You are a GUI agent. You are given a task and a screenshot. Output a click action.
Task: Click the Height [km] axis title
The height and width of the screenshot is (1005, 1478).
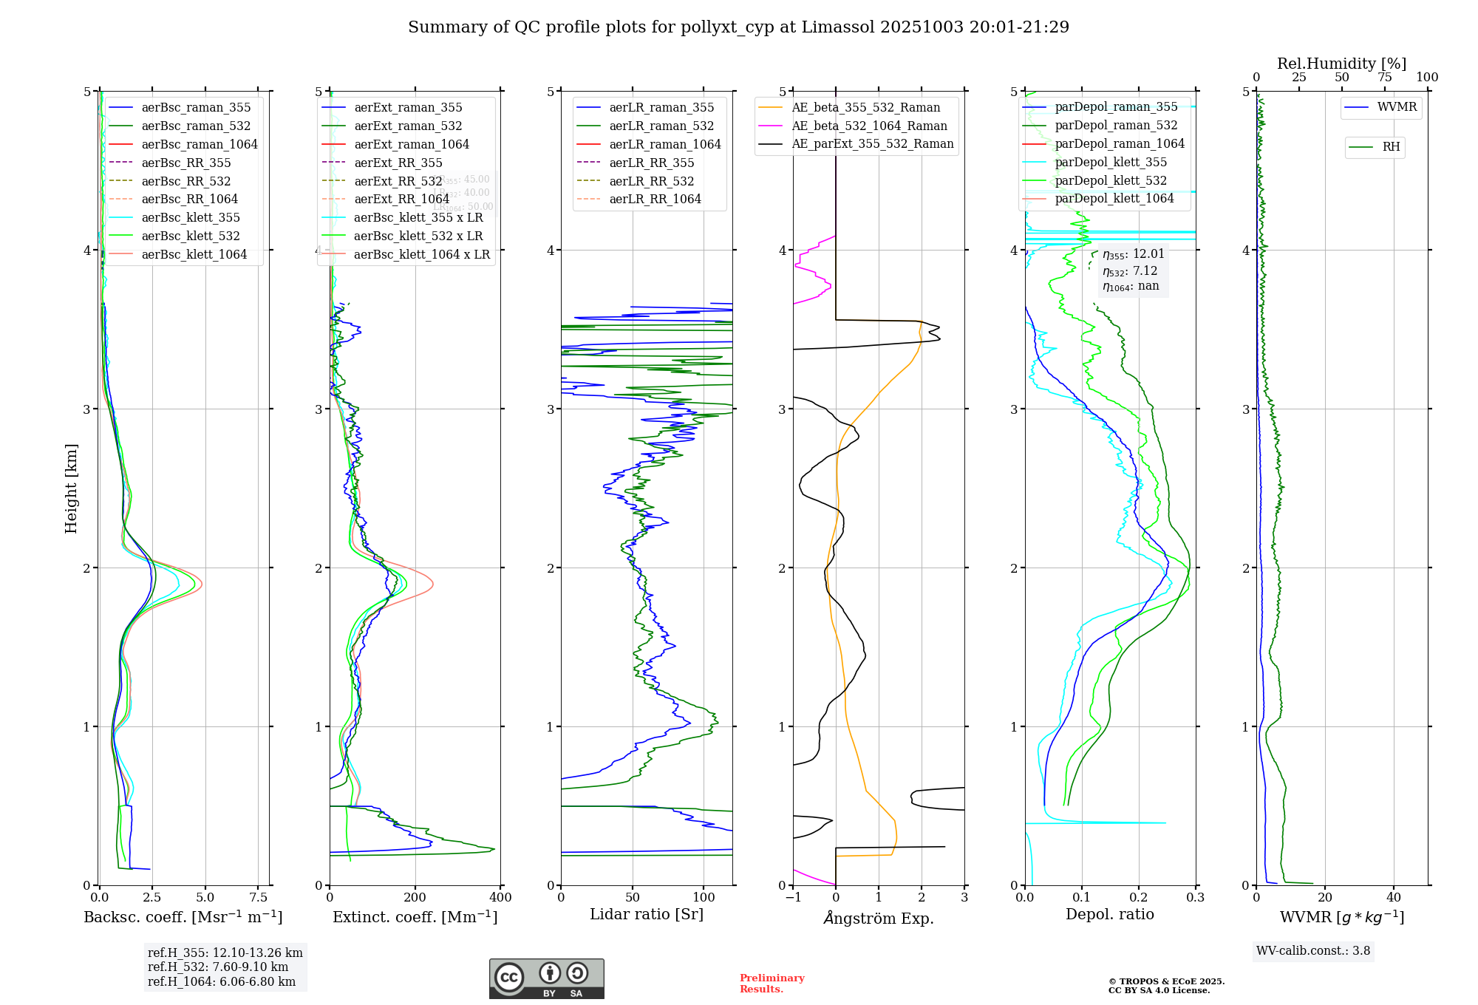pos(71,488)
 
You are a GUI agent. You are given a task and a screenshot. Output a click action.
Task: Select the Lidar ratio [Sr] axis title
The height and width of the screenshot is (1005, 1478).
pos(647,915)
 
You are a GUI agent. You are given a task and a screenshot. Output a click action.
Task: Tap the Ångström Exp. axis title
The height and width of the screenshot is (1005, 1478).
pos(879,919)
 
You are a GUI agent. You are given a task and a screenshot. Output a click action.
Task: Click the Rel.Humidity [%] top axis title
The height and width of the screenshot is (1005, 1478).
pos(1341,64)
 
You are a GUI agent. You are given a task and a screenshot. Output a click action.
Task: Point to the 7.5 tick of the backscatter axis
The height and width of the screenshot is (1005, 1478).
pos(258,898)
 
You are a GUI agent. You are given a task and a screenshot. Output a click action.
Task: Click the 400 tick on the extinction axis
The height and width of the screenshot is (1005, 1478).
pos(500,898)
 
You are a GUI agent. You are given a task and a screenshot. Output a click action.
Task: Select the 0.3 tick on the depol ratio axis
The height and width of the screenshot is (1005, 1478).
pos(1195,898)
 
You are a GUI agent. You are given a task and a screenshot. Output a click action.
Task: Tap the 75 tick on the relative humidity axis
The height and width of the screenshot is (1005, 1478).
pos(1384,78)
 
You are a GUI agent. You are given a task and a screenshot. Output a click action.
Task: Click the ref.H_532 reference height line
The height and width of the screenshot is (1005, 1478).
pos(218,967)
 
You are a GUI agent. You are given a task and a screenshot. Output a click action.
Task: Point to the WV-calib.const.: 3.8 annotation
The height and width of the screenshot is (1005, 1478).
pos(1313,951)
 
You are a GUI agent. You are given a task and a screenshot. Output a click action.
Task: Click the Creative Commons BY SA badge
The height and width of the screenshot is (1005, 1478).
pos(546,979)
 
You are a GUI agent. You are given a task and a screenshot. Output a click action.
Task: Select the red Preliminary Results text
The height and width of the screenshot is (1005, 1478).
pos(772,984)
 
